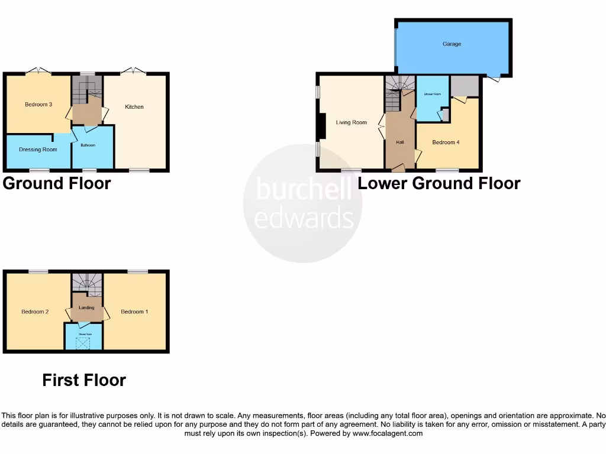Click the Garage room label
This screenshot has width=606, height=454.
coord(452,44)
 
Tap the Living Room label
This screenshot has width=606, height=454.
coord(352,123)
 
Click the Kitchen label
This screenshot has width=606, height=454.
coord(134,107)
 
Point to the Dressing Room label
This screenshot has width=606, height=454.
coord(38,150)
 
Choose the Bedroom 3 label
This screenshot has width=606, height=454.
coord(38,105)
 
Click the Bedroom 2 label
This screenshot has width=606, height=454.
coord(35,312)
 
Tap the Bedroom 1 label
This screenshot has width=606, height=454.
coord(134,312)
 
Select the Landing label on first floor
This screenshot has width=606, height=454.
coord(87,307)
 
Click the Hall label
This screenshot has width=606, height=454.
coord(399,142)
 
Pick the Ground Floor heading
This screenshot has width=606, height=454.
coord(57,183)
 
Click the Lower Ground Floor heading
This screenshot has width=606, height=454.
coord(439,183)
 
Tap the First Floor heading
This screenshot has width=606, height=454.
coord(84,380)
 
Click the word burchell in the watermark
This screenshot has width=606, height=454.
coord(302,190)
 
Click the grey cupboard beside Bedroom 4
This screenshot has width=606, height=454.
coord(464,86)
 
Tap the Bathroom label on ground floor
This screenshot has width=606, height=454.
coord(88,145)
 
